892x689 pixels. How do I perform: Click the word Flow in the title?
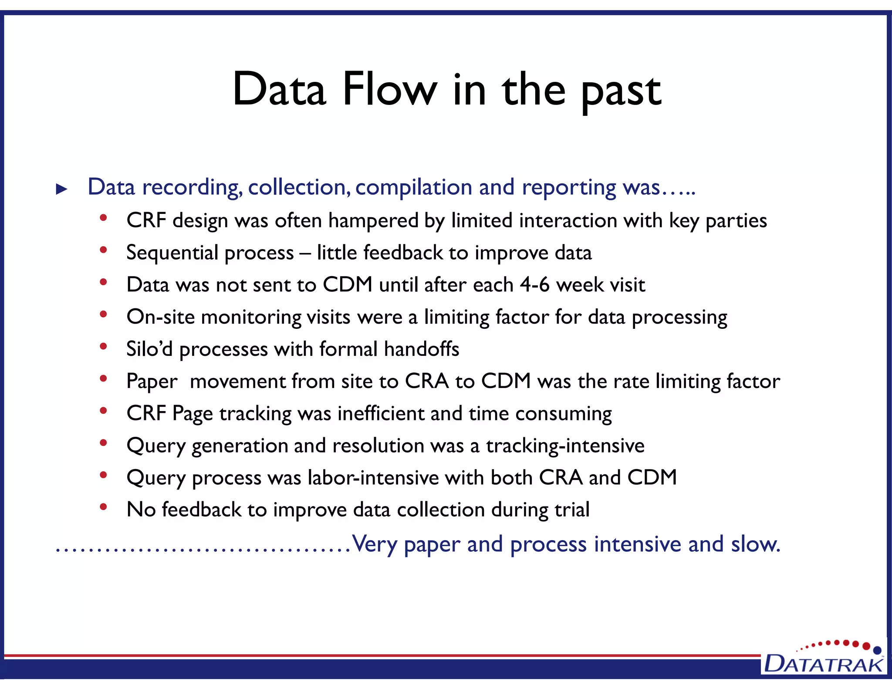[389, 90]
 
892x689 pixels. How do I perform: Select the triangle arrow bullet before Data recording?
[62, 189]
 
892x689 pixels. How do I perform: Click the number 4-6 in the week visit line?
[534, 285]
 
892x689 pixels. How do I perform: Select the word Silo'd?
[149, 349]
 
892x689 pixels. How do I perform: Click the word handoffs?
[422, 349]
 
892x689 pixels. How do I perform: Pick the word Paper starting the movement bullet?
[152, 382]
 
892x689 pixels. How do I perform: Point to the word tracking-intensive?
[565, 446]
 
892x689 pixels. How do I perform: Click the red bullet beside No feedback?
[103, 507]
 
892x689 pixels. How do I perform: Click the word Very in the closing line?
[374, 544]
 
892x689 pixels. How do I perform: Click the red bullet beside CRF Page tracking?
[103, 411]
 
